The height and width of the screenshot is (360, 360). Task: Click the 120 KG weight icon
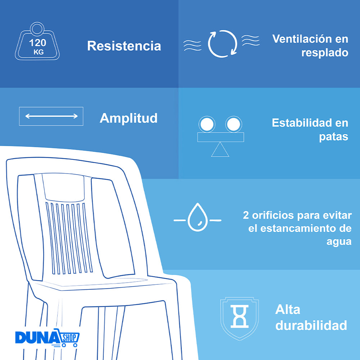pyautogui.click(x=37, y=41)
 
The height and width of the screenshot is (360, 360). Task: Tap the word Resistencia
pyautogui.click(x=124, y=46)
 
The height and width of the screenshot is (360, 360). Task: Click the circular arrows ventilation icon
pyautogui.click(x=222, y=44)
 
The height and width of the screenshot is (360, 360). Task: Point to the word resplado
pyautogui.click(x=325, y=53)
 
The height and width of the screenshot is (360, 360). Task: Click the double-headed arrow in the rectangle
pyautogui.click(x=51, y=116)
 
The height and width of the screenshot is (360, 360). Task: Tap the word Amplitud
pyautogui.click(x=129, y=118)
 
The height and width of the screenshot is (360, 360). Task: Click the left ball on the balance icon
pyautogui.click(x=207, y=124)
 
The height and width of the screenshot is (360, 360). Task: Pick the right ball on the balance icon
pyautogui.click(x=234, y=124)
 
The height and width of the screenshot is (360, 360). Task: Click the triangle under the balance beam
pyautogui.click(x=220, y=149)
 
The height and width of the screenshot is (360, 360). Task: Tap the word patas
pyautogui.click(x=334, y=137)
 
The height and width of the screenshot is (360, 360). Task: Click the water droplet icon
pyautogui.click(x=198, y=217)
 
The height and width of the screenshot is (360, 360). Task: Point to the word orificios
pyautogui.click(x=273, y=215)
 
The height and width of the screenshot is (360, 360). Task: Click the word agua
pyautogui.click(x=339, y=242)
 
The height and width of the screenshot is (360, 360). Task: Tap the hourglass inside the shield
pyautogui.click(x=239, y=316)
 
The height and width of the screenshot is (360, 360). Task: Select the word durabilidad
pyautogui.click(x=311, y=325)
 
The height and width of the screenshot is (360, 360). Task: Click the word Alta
pyautogui.click(x=288, y=310)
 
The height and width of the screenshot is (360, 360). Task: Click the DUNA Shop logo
pyautogui.click(x=47, y=338)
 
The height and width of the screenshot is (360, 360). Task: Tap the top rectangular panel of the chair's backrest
pyautogui.click(x=63, y=187)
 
